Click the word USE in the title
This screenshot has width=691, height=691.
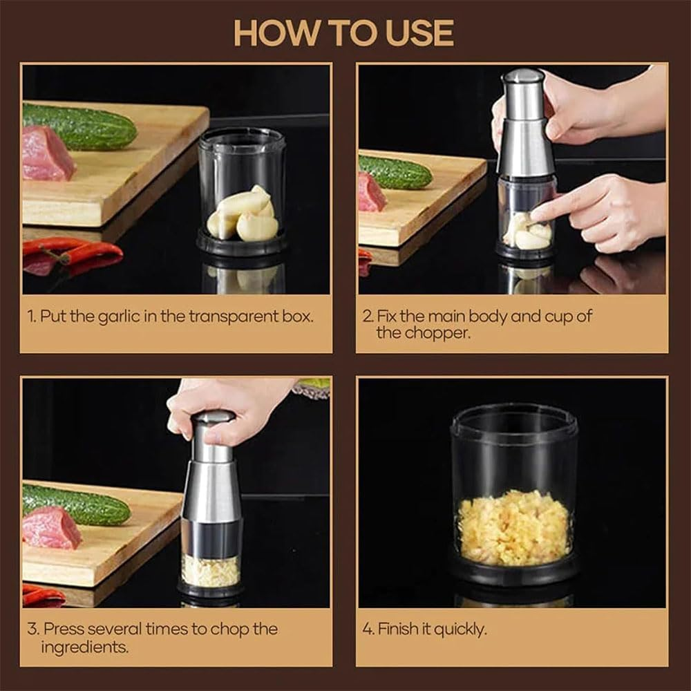pyautogui.click(x=419, y=33)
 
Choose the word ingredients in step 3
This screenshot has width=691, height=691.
pyautogui.click(x=85, y=647)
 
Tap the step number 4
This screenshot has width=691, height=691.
pyautogui.click(x=367, y=630)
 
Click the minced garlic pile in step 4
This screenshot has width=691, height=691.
pyautogui.click(x=514, y=527)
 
